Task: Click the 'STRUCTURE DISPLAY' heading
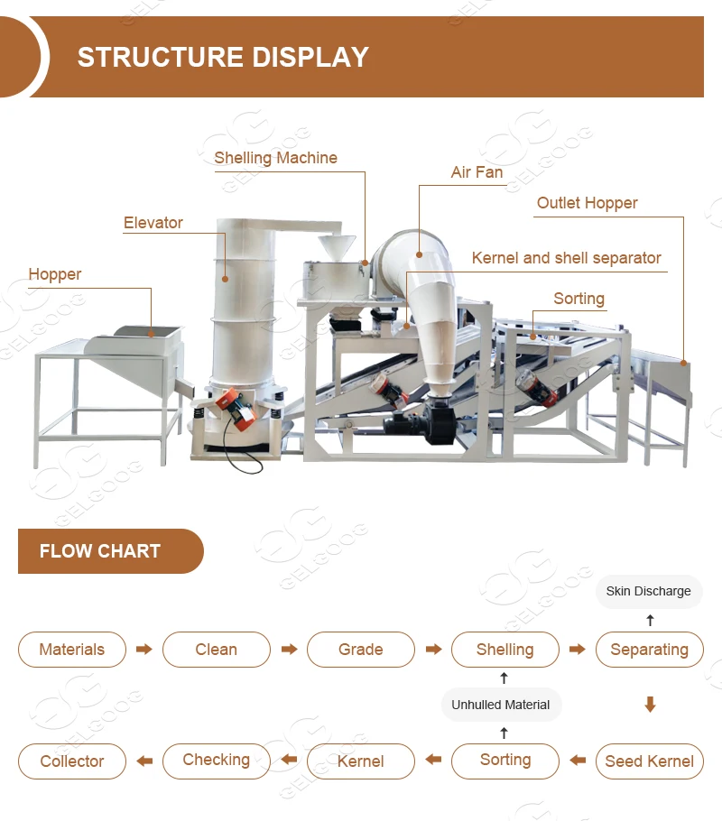point(223,57)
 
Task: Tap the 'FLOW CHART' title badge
point(100,551)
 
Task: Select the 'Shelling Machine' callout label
point(275,158)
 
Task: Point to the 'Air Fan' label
point(477,172)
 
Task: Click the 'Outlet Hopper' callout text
point(587,203)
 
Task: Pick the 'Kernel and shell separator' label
point(566,258)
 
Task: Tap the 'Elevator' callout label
point(153,223)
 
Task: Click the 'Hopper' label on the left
point(55,274)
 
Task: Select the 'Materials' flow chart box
point(72,650)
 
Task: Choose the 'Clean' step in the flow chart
point(217,650)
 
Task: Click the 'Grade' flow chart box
point(361,650)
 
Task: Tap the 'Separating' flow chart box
point(649,650)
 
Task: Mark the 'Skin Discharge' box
point(649,591)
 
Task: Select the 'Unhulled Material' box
point(501,705)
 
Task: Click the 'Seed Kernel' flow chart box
point(649,761)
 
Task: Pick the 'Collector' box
point(72,761)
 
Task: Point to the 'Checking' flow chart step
point(217,760)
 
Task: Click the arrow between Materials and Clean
point(144,650)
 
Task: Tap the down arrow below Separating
point(650,705)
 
